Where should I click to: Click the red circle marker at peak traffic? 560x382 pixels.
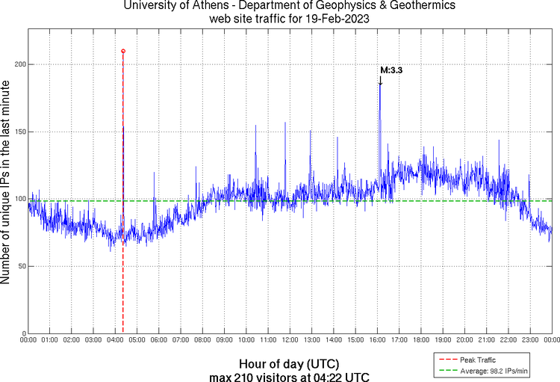pos(123,51)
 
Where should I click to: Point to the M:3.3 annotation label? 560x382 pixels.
pos(392,70)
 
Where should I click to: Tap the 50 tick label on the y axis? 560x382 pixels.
pos(20,266)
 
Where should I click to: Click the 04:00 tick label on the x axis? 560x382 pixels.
pos(115,340)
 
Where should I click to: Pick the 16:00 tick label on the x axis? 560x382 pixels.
pos(377,340)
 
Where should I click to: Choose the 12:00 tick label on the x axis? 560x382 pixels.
pos(290,340)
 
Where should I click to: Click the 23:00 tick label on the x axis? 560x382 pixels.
pos(530,340)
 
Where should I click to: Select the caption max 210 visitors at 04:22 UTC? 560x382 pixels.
pos(288,376)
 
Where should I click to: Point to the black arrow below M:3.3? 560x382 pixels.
pos(381,81)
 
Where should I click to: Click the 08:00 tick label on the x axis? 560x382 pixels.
pos(202,340)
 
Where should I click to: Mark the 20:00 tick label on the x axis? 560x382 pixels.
pos(464,340)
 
